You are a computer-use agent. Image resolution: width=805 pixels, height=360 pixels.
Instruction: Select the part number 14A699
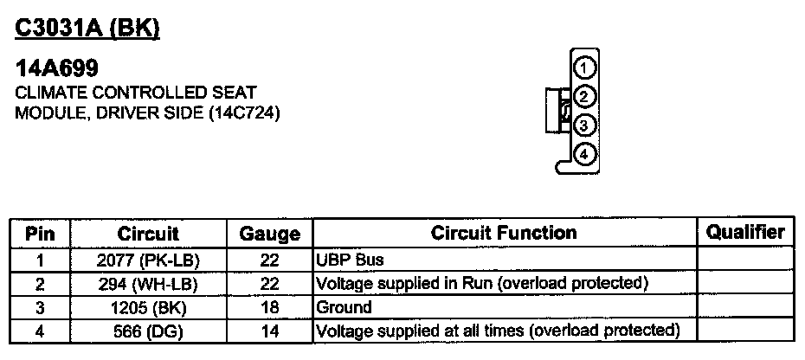click(57, 69)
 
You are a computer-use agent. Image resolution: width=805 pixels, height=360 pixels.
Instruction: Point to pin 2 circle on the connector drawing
click(584, 96)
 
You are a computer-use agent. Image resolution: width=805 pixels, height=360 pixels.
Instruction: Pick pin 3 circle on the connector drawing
click(584, 125)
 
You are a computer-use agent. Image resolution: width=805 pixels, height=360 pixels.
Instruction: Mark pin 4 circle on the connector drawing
click(584, 155)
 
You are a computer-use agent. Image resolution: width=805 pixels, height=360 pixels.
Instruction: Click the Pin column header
click(40, 234)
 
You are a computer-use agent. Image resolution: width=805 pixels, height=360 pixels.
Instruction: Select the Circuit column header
click(148, 234)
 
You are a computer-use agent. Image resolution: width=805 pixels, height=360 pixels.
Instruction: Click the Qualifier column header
click(745, 232)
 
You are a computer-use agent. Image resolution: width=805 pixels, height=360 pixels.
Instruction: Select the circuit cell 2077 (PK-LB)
click(148, 260)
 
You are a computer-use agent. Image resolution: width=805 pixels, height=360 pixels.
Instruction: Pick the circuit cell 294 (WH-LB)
click(148, 283)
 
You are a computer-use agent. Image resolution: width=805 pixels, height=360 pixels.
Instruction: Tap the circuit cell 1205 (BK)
click(148, 307)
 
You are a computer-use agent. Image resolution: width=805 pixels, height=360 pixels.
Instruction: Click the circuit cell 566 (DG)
click(148, 331)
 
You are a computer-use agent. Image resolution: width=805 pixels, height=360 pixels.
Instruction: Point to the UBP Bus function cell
click(351, 260)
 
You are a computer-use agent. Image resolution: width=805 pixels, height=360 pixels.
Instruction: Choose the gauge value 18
click(269, 307)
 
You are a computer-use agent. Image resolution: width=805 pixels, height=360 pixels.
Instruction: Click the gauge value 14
click(269, 331)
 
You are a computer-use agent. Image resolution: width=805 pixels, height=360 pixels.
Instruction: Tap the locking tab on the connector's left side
click(554, 110)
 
